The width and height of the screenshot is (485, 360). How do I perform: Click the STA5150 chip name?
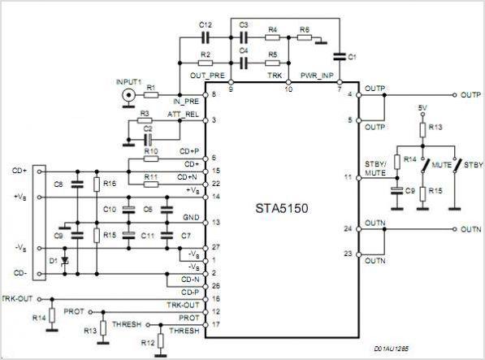(281, 209)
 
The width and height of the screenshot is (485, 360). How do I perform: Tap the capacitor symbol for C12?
(206, 37)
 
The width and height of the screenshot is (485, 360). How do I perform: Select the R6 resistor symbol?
(305, 37)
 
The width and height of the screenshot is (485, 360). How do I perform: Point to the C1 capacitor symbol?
(340, 57)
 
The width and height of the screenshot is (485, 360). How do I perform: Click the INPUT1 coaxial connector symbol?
(128, 95)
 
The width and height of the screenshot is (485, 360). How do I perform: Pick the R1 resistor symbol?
(151, 95)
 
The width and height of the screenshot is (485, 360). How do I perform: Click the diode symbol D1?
(65, 261)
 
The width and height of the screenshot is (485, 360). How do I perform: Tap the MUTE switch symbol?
(425, 166)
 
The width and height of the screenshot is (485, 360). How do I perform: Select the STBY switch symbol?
(457, 166)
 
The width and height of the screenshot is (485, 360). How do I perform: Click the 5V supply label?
(422, 108)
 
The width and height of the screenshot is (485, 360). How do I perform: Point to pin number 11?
(349, 177)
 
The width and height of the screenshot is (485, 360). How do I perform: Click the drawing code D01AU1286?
(392, 349)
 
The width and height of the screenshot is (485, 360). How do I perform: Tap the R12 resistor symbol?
(160, 341)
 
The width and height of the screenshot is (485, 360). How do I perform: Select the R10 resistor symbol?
(151, 159)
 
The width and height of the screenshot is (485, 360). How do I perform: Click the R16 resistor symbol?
(97, 184)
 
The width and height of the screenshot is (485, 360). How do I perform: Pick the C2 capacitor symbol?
(148, 140)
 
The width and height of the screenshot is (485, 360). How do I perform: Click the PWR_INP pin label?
(317, 76)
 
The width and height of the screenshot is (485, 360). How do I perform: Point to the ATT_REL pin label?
(183, 115)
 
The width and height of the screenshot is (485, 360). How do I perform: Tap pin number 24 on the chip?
(349, 229)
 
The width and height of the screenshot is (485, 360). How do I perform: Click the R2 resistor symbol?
(206, 63)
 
